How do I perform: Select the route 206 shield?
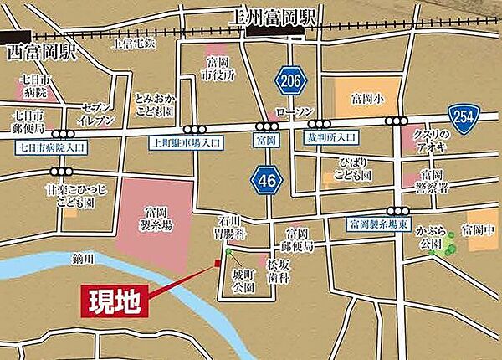[x=289, y=80]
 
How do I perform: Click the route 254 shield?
[x=462, y=113]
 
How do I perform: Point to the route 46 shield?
[x=266, y=178]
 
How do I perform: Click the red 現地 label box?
[x=116, y=298]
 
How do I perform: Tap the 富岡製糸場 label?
[x=156, y=218]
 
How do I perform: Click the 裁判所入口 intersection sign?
[x=330, y=136]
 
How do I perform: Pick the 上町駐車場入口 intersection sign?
[x=186, y=142]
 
